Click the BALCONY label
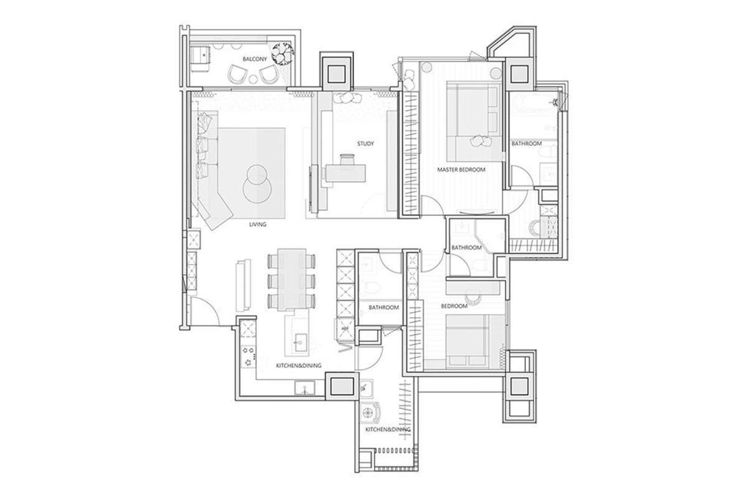[255, 59]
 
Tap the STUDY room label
[365, 144]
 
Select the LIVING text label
[258, 225]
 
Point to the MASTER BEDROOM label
[461, 169]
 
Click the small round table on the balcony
[253, 79]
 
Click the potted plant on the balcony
[282, 54]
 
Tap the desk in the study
[345, 173]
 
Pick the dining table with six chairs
[292, 279]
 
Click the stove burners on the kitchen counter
[248, 356]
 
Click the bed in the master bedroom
[474, 123]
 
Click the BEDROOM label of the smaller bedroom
[454, 306]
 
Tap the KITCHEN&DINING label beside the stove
[299, 365]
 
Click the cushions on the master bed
[480, 141]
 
